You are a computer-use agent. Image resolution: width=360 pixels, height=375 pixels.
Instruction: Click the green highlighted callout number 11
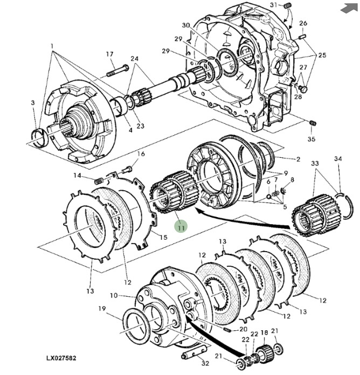pos(182,227)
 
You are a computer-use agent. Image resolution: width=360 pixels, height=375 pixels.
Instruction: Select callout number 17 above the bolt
pos(109,54)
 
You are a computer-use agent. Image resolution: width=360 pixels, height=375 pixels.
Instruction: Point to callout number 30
pos(186,25)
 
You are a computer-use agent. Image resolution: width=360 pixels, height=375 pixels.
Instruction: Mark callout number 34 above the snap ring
pos(338,159)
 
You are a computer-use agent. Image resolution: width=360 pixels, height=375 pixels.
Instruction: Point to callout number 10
pos(113,295)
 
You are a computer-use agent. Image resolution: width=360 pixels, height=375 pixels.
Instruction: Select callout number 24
pos(134,58)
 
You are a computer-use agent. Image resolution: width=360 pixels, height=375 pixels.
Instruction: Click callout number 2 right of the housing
pos(297,159)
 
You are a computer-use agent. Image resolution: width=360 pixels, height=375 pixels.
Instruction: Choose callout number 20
pos(244,329)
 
